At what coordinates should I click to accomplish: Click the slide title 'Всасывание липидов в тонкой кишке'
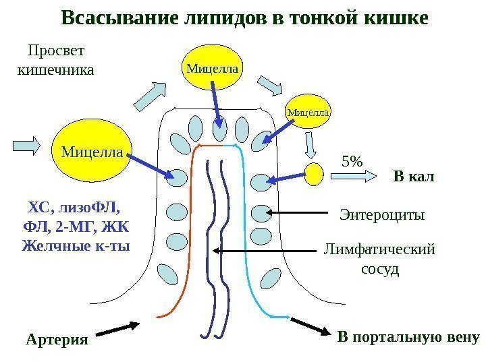click(244, 18)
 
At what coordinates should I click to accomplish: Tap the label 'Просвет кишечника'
click(55, 59)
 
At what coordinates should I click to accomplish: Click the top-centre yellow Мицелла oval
click(213, 67)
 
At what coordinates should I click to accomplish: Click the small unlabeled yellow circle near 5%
click(314, 174)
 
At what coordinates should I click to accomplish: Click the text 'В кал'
click(413, 177)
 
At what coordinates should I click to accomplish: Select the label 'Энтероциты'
click(381, 215)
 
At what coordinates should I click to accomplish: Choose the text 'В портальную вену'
click(408, 336)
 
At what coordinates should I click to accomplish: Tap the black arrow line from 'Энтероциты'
click(300, 213)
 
